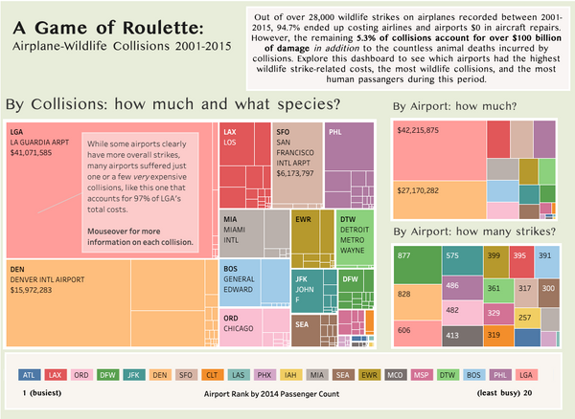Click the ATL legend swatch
(30, 374)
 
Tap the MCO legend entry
(395, 374)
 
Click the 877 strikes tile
(404, 255)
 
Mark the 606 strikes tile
(404, 329)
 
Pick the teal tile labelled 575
(452, 255)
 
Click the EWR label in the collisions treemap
(303, 220)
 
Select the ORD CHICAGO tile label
(240, 323)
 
